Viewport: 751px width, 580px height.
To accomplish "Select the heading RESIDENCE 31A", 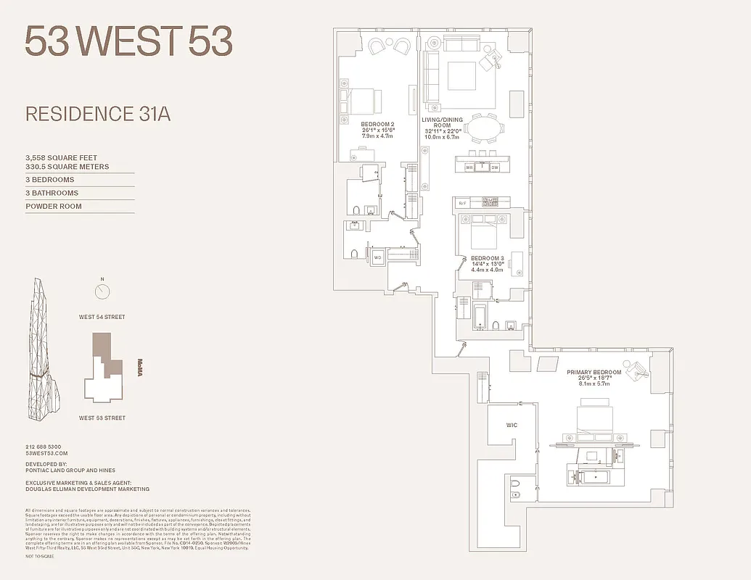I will click(98, 114).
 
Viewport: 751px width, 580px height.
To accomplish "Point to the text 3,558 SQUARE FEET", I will click(61, 157).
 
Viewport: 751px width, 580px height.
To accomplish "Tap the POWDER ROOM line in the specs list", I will click(54, 207).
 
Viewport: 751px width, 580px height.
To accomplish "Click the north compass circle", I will click(102, 291).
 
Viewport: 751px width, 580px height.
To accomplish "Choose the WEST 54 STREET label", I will click(102, 317).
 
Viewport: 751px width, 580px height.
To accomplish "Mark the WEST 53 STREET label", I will click(102, 418).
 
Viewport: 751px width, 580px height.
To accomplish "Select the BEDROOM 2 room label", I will click(377, 124).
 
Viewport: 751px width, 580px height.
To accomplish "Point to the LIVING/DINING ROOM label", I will click(443, 121).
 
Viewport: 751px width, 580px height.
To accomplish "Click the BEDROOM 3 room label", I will click(485, 259).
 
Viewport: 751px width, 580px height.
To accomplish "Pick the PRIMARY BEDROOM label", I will click(594, 372).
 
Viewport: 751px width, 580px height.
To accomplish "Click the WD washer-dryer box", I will click(377, 257).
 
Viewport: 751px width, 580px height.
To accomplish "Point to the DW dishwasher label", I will click(493, 167).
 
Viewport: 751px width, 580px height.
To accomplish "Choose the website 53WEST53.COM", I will click(45, 452).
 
